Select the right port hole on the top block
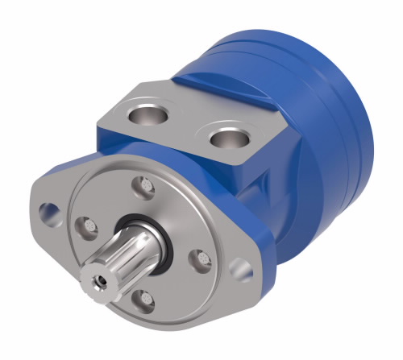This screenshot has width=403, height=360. click(228, 139)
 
